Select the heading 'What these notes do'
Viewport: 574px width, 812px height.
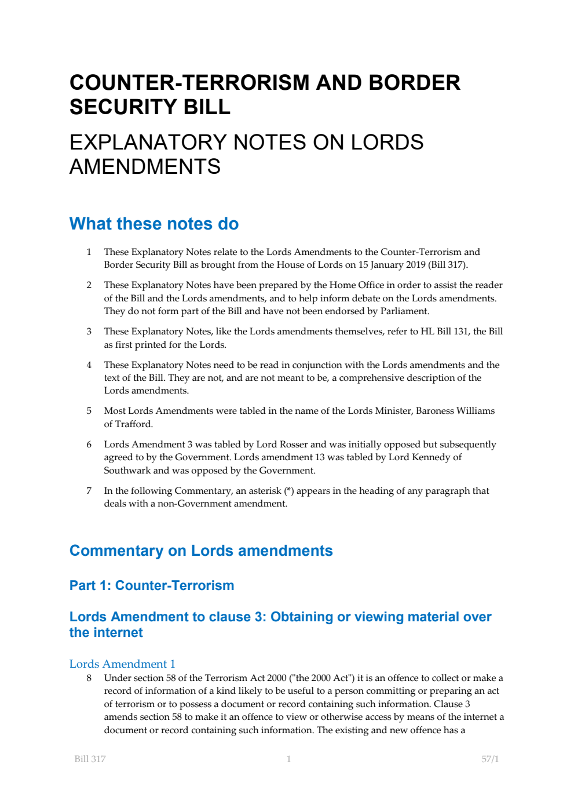[153, 224]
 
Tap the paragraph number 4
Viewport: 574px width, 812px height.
[89, 365]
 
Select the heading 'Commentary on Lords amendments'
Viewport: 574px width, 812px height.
[201, 551]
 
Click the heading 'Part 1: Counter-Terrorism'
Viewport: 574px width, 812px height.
[152, 585]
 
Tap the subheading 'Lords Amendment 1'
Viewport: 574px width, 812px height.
[122, 664]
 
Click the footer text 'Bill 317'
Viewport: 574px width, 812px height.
[90, 759]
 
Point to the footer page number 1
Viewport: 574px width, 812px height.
[288, 759]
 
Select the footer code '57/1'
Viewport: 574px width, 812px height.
[489, 759]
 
